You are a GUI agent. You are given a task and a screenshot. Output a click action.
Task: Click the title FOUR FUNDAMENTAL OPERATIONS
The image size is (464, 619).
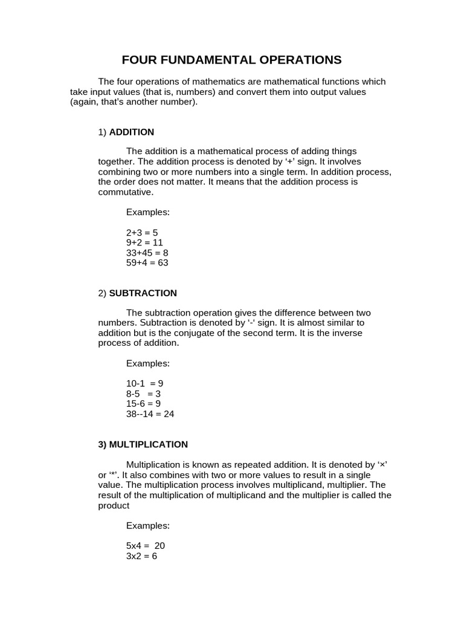click(x=231, y=60)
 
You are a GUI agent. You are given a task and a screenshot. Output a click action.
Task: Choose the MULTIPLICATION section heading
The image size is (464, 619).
click(x=143, y=444)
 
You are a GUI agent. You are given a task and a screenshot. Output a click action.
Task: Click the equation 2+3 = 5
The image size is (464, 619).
click(x=142, y=233)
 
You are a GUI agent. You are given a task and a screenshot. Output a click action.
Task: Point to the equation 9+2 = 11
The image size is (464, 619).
click(x=144, y=243)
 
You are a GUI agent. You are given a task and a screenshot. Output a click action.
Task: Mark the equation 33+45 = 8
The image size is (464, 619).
click(x=147, y=253)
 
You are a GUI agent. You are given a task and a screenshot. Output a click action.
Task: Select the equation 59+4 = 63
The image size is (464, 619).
click(x=147, y=263)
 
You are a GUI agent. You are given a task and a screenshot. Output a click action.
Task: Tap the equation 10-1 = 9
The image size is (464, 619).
click(x=144, y=384)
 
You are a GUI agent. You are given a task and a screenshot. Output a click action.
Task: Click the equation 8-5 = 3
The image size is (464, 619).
click(x=143, y=394)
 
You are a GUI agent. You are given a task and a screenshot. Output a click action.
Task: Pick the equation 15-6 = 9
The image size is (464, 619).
click(x=143, y=404)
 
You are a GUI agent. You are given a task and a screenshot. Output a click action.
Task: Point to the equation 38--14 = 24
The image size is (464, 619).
click(x=150, y=414)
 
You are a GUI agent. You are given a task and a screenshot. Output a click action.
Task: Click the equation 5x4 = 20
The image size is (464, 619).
click(x=145, y=545)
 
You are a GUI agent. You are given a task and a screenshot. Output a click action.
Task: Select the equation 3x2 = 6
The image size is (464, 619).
click(x=141, y=556)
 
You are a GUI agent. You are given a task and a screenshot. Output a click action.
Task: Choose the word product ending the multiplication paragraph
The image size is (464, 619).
click(x=114, y=505)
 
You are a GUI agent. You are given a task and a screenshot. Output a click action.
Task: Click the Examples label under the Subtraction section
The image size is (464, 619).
click(x=148, y=364)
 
